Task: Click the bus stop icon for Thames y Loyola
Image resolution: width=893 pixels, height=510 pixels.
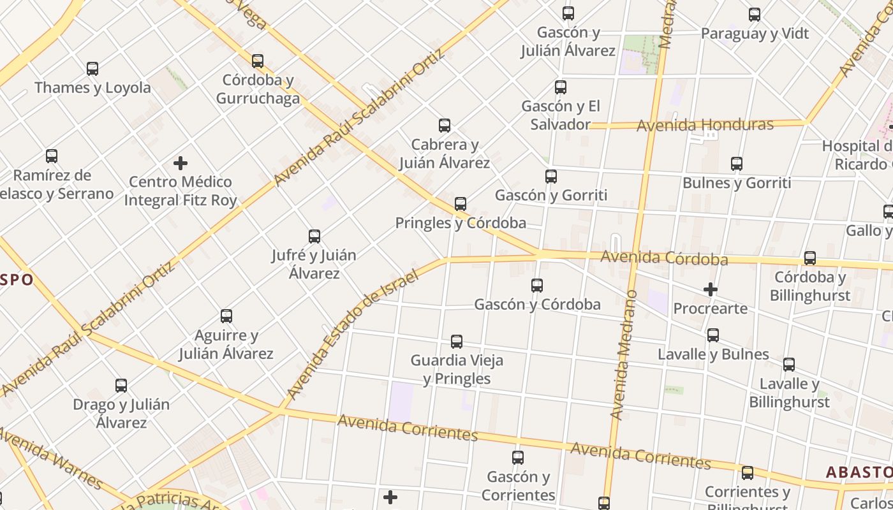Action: (x=92, y=69)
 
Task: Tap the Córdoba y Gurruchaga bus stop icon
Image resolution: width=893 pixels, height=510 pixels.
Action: (x=258, y=61)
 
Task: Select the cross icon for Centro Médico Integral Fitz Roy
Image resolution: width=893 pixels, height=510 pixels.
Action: (x=181, y=163)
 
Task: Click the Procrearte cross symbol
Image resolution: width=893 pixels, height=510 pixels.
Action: (x=710, y=289)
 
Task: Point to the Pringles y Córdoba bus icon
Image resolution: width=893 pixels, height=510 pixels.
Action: (x=461, y=204)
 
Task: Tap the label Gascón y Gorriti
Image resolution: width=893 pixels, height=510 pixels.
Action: (x=551, y=195)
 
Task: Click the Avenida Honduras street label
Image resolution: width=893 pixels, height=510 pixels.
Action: (x=705, y=125)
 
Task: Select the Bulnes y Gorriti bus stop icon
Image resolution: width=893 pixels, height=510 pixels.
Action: (x=737, y=164)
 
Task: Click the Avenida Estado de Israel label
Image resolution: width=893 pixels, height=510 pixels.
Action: (x=352, y=335)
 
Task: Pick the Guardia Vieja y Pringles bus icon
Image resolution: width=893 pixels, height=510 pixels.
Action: (x=457, y=342)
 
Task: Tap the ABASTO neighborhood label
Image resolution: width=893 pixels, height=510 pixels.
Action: (x=859, y=472)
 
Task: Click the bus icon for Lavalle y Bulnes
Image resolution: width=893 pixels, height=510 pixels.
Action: (x=713, y=335)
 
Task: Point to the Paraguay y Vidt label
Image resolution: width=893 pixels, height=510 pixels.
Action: (x=755, y=34)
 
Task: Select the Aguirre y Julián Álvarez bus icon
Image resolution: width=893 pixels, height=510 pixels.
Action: (x=226, y=316)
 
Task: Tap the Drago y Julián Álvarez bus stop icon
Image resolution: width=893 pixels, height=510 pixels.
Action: (x=121, y=386)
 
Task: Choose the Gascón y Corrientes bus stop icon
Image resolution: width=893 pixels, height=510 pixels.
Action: (x=518, y=458)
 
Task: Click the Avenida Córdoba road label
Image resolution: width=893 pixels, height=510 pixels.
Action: (x=664, y=258)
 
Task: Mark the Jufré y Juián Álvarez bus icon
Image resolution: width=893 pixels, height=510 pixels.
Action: (x=314, y=237)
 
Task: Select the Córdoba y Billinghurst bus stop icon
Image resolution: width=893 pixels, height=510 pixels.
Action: (x=810, y=258)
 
